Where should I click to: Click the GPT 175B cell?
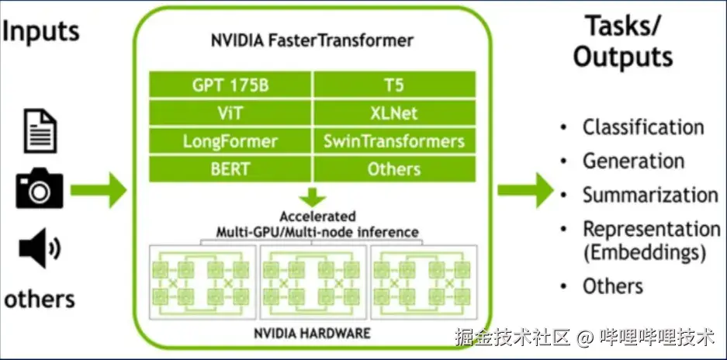pos(230,85)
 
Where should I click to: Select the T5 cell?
pos(394,85)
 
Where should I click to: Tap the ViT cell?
pos(230,112)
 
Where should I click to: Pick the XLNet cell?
pos(394,112)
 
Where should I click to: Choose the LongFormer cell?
pos(230,140)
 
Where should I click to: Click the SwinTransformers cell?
pos(394,140)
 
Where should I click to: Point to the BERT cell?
pos(230,168)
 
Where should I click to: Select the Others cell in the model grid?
pos(394,168)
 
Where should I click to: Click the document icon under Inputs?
pos(40,130)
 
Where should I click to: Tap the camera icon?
pos(40,189)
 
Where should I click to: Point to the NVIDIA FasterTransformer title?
pos(313,40)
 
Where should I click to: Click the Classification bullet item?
pos(643,127)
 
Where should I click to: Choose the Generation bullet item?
pos(633,161)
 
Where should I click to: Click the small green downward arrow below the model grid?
pos(313,196)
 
